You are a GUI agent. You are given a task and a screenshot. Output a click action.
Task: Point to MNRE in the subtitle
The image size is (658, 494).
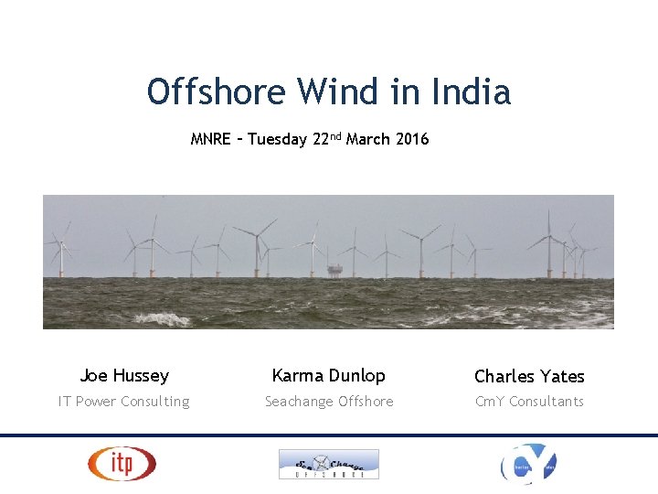point(210,140)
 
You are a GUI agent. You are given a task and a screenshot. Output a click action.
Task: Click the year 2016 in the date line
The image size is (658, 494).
point(412,140)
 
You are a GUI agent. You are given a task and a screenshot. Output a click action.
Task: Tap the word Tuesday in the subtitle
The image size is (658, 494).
point(277,140)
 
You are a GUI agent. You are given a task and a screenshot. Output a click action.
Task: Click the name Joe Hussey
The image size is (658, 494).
point(124,375)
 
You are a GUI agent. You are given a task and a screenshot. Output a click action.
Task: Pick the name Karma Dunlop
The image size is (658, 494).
point(329,375)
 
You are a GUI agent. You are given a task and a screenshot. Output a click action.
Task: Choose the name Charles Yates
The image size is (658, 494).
point(529,376)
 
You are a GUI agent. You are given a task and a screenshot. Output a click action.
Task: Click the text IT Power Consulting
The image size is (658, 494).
point(124,402)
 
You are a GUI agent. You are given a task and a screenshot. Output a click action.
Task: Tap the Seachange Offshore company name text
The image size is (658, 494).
point(329,402)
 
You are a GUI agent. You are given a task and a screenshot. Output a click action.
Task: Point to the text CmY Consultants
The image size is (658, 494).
point(529,402)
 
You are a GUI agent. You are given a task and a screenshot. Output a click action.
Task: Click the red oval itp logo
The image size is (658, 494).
point(122,464)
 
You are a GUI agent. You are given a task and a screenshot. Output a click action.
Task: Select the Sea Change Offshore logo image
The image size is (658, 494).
point(329,464)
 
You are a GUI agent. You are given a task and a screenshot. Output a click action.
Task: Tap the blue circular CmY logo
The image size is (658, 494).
point(528,464)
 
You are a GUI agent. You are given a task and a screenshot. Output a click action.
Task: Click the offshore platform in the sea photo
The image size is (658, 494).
point(335,271)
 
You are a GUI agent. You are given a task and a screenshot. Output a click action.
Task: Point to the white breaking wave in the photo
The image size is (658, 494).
point(164,319)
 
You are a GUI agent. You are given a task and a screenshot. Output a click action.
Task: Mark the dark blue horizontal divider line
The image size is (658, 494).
point(329,435)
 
